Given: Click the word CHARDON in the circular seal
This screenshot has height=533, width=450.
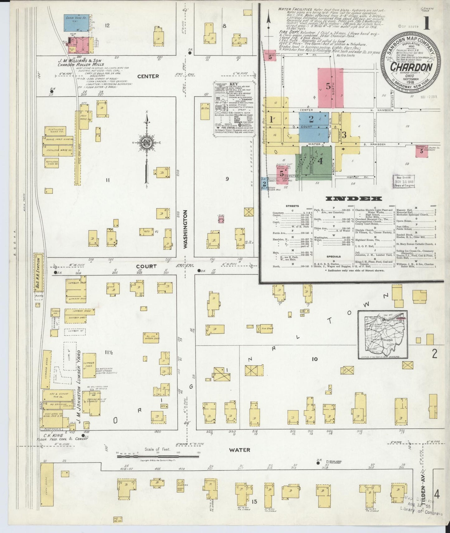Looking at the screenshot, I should (x=411, y=67).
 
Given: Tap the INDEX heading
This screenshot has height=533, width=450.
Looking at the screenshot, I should (x=354, y=199).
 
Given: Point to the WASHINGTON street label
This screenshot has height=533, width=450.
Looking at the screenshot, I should (x=186, y=229).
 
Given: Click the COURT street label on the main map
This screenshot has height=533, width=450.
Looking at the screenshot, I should (x=147, y=266).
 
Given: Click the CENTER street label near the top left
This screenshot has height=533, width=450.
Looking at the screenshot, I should (x=148, y=76).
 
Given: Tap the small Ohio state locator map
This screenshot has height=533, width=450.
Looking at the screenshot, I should (x=383, y=334).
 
